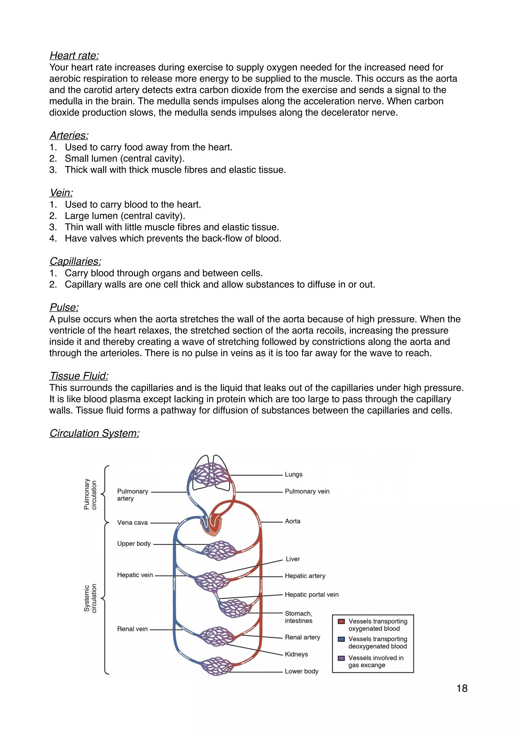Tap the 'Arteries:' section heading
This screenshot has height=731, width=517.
69,135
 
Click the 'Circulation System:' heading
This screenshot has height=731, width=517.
94,433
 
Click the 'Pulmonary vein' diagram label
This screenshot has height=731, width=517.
307,491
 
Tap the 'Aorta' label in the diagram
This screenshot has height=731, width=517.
293,521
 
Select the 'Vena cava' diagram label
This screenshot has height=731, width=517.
133,523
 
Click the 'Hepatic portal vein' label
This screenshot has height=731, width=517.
311,594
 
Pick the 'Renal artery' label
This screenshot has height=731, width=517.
302,637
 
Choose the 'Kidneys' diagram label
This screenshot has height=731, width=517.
296,654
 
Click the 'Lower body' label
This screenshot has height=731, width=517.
301,671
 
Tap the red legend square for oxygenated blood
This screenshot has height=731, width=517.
341,621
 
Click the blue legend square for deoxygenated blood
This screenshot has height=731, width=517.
341,639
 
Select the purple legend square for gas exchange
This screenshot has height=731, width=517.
341,658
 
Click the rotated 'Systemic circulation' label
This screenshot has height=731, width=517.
90,598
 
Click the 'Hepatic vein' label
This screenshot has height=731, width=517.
135,575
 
